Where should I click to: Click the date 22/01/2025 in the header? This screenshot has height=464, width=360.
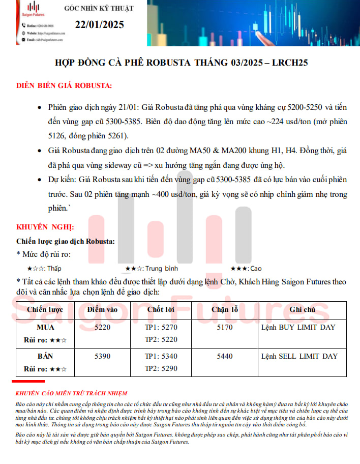point(99,24)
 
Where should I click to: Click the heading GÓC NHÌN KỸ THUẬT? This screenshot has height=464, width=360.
point(99,8)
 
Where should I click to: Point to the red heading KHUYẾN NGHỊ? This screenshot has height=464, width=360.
point(45,226)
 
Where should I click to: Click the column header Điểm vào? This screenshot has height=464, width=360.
point(102,309)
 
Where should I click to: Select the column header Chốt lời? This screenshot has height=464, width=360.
point(161,309)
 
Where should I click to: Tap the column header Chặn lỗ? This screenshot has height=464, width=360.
point(225,309)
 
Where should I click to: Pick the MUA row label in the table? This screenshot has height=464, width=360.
point(46,327)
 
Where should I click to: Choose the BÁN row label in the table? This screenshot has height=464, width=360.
point(46,356)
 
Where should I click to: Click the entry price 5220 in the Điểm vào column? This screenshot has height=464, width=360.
point(102,327)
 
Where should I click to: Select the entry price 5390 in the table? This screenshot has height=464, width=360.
point(102,356)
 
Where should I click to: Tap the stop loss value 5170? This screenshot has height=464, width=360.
point(225,327)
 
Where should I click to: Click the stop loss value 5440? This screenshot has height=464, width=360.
point(225,356)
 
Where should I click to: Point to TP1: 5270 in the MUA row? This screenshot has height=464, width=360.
point(161,327)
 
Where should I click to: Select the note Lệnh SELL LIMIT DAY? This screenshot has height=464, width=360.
point(299,356)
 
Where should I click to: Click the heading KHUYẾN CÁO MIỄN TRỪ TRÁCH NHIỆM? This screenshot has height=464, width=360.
point(71,393)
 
